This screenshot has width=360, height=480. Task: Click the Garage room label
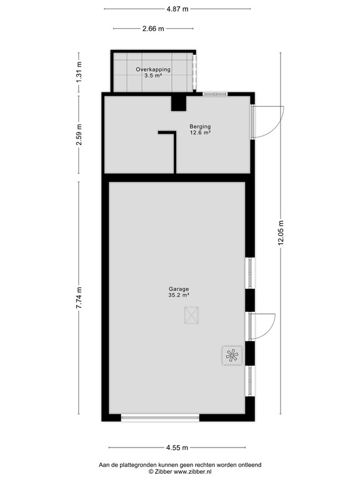pos(178,289)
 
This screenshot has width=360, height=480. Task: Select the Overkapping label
pos(153,69)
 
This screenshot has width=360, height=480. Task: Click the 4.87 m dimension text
pos(177,9)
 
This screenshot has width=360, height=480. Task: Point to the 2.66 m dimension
pos(153,29)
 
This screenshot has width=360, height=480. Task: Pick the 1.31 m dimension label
pos(79,72)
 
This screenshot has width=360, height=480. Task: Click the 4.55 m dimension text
pos(177,447)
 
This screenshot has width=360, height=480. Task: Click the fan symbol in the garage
pos(230,356)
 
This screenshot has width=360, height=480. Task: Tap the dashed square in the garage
pos(191,316)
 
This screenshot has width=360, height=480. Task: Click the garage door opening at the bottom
pos(161,417)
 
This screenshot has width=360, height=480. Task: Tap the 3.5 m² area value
pos(153,76)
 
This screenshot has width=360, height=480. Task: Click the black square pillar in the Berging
pos(179,102)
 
